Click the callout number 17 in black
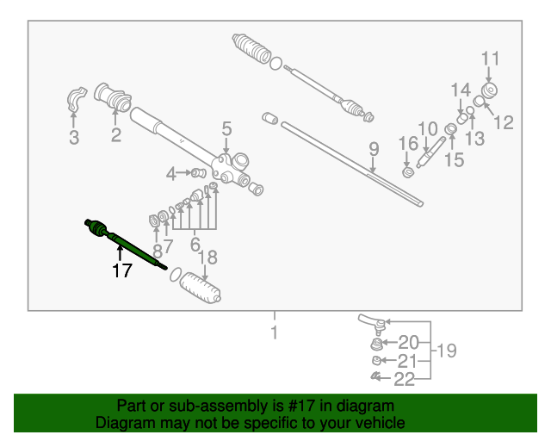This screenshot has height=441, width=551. coord(121,270)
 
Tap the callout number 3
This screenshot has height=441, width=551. coord(74,137)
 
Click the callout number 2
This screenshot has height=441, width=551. coord(115,134)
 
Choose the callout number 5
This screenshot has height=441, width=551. coord(226,129)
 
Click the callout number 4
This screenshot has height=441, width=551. coord(172,174)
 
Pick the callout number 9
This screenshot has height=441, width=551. coord(374,149)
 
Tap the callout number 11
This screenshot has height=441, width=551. coord(490,59)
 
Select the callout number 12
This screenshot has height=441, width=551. coord(504,122)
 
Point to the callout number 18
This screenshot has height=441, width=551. coord(208,257)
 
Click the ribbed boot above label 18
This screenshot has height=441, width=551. coord(201,289)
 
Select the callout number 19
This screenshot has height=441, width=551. coord(446,351)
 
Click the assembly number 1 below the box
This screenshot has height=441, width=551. coord(274,332)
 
